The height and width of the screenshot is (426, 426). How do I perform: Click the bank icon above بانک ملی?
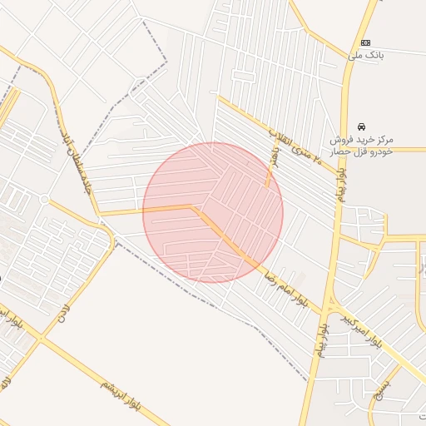364,42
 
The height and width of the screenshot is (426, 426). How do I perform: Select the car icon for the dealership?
361,126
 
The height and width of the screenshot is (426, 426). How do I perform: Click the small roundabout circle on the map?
44,200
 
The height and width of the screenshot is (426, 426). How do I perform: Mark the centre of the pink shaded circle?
213,213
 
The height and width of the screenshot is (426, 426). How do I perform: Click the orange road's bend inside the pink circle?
196,206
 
